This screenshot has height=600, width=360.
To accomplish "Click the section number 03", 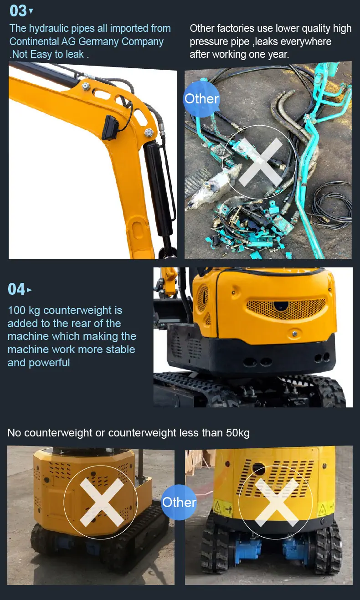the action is tap(18, 11).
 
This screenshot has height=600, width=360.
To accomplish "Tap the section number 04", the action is tap(16, 289).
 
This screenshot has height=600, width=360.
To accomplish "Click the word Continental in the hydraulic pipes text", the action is tap(34, 41).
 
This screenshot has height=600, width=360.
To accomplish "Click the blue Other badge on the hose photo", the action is tap(201, 99).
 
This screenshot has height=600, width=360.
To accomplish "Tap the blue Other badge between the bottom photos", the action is tap(179, 502).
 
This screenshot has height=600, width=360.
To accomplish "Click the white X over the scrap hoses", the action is tap(260, 162).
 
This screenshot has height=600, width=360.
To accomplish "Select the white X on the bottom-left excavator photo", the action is tap(102, 502).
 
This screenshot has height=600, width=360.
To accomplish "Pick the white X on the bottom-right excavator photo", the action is tap(277, 502).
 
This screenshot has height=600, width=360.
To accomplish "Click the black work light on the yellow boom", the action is tap(110, 127).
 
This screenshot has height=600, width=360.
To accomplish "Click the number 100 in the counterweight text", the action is tap(16, 310).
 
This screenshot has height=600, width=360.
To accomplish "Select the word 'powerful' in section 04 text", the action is tap(49, 363).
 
